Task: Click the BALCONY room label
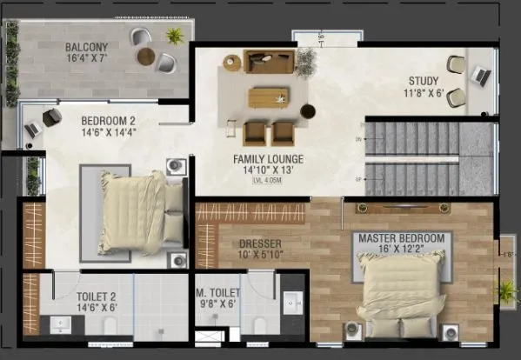[x=85, y=46]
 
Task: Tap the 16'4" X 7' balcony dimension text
[x=85, y=59]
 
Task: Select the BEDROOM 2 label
[x=108, y=121]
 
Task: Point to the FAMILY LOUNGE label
[x=268, y=159]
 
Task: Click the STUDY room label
[x=426, y=82]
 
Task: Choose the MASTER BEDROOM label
[x=399, y=237]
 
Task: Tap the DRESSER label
[x=260, y=244]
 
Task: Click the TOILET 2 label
[x=78, y=296]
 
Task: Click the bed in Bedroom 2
[x=135, y=211]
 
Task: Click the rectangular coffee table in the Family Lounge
[x=268, y=97]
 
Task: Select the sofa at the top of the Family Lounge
[x=270, y=61]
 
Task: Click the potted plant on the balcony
[x=175, y=37]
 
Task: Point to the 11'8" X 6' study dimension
[x=426, y=94]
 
